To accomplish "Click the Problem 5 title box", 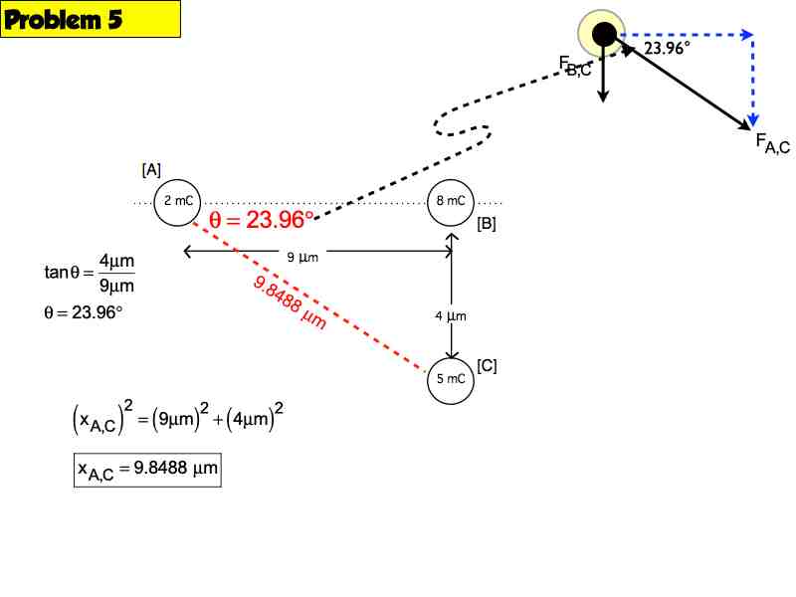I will pos(91,20).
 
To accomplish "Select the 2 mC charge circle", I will pos(179,201).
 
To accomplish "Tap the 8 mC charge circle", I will pos(452,201).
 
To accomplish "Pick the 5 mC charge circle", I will pos(452,379).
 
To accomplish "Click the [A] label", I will pos(151,169).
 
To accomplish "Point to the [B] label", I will pos(487,224).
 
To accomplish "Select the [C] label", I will pos(487,365).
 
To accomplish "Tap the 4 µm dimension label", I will pos(451,316).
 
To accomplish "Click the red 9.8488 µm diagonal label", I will pos(291,302).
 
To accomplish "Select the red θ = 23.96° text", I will pos(262,220).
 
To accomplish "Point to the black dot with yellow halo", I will pos(604,35).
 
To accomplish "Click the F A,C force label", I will pos(772,144).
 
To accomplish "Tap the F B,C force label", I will pos(575,68).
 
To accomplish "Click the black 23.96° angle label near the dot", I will pos(666,49).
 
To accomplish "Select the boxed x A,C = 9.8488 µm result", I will pos(147,470).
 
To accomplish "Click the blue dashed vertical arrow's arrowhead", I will pos(752,118).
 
